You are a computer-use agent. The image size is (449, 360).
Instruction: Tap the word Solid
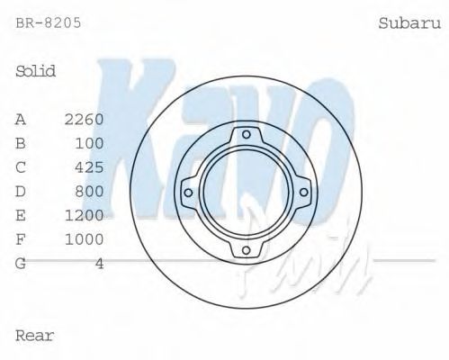coord(36,71)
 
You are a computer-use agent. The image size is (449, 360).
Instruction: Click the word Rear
coord(35,336)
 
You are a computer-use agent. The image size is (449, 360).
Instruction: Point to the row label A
coord(21,119)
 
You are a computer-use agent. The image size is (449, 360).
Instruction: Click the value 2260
coord(85,119)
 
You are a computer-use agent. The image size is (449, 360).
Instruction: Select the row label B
coord(21,143)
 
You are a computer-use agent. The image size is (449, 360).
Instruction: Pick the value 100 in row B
coord(90,143)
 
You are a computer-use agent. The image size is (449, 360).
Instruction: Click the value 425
coord(90,167)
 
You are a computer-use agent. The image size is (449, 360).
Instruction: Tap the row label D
coord(21,191)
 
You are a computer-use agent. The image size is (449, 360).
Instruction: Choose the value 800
coord(90,191)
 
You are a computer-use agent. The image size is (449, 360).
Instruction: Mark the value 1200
coord(85,215)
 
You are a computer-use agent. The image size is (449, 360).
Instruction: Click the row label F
coord(21,239)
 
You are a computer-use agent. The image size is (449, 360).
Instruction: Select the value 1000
coord(85,239)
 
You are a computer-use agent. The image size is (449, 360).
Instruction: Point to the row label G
coord(21,264)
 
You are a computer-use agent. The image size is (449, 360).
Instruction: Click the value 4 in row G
coord(100,264)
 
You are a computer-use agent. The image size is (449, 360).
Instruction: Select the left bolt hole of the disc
coord(188,192)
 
